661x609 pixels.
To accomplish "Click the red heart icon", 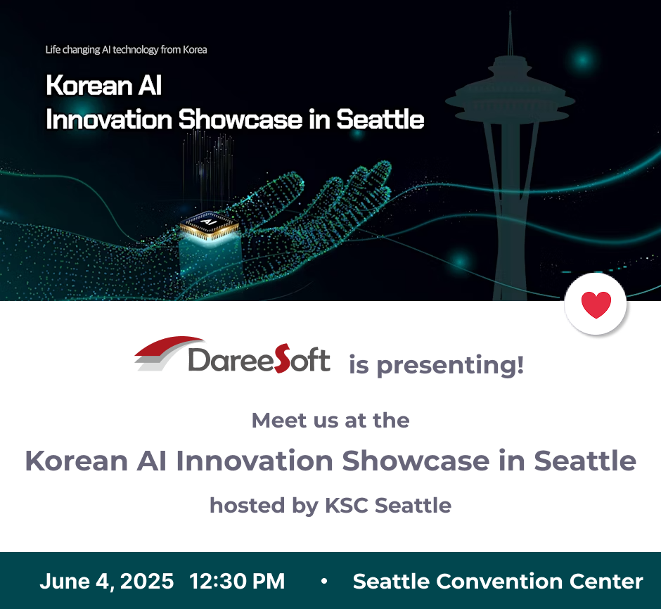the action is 596,304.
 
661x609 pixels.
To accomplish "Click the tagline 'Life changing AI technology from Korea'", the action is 126,50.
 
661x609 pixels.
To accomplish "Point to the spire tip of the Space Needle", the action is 510,12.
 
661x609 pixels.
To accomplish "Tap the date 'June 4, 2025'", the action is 107,581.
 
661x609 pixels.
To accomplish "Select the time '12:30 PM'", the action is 237,581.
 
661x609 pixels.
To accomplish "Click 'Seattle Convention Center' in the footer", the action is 498,581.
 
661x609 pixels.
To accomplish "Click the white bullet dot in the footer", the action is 323,581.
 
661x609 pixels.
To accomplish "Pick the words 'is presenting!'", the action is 436,364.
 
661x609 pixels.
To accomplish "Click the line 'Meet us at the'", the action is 330,421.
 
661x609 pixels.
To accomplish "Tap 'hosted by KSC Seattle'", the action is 330,506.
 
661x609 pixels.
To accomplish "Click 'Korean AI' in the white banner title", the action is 103,85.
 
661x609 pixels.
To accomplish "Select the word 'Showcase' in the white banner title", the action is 240,120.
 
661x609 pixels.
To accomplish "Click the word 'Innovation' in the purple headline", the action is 254,460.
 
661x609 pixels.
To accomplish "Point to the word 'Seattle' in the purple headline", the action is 585,460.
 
